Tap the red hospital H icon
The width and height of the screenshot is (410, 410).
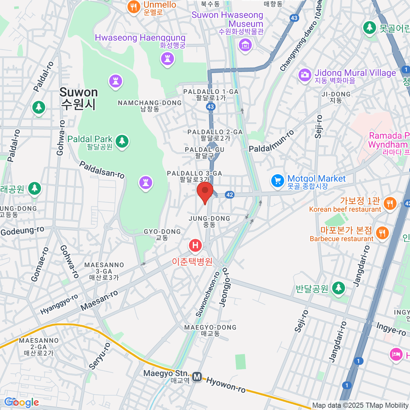point(195,245)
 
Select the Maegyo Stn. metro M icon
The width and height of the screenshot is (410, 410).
point(197,377)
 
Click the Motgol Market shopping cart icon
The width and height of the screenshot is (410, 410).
point(277,181)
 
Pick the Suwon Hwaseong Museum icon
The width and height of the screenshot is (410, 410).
point(245,45)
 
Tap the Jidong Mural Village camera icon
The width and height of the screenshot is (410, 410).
point(304,75)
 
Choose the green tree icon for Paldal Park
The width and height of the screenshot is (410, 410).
point(122,141)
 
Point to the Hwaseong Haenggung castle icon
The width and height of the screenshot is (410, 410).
point(167,59)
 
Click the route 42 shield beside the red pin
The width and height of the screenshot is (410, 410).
point(230,195)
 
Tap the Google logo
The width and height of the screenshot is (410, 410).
point(22,402)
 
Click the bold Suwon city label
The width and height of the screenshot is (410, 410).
point(79,98)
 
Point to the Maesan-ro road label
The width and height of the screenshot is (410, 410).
point(99,300)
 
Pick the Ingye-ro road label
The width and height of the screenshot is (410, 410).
point(391,329)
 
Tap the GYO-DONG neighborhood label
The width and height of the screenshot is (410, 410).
point(162,234)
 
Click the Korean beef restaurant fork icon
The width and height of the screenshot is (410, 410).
point(390,203)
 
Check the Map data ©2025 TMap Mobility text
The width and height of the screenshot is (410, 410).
point(360,406)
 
